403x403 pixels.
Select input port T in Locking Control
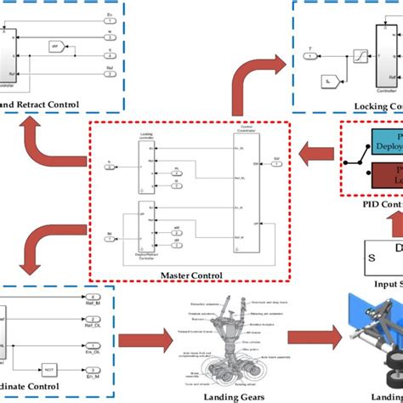point(310,57)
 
